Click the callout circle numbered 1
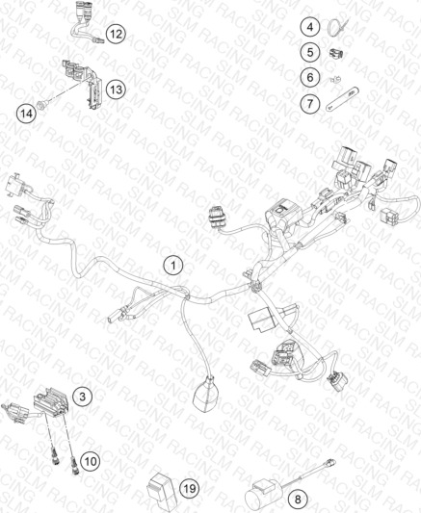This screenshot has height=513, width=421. [173, 265]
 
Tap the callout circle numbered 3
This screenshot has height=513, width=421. [83, 397]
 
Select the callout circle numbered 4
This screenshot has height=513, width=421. [310, 27]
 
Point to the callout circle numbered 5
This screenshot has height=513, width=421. [310, 52]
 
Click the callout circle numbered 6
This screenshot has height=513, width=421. [310, 78]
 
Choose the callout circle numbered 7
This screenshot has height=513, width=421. [310, 104]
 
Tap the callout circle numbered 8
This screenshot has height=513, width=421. [298, 500]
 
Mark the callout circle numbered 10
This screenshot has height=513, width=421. [91, 461]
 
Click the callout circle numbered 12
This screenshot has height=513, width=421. [116, 34]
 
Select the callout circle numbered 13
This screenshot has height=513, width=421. [116, 89]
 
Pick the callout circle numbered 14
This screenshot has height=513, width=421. [27, 114]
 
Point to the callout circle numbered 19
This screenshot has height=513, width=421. [190, 489]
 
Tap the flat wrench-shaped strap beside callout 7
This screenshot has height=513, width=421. [343, 98]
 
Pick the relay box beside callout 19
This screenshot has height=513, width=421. [162, 488]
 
